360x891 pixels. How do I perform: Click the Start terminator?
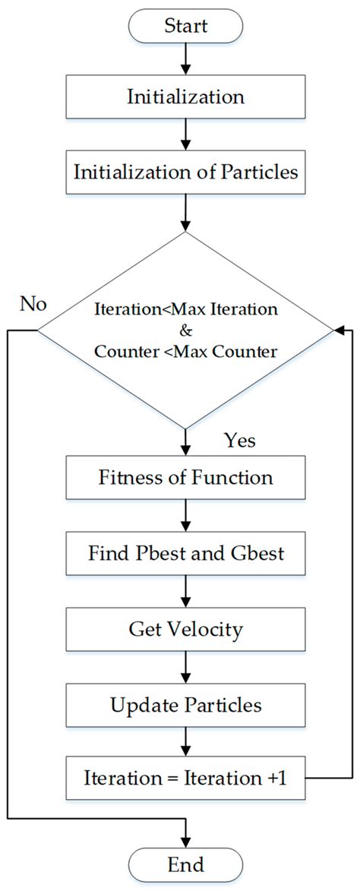185,27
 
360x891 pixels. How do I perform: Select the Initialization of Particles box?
185,171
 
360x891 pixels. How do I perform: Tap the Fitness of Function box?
185,478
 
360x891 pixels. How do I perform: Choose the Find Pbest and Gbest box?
185,553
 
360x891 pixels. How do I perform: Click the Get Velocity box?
185,628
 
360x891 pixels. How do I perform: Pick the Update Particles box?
185,704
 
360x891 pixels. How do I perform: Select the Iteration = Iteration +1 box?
185,779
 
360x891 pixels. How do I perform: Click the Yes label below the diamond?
240,441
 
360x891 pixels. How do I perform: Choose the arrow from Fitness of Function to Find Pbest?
185,516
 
